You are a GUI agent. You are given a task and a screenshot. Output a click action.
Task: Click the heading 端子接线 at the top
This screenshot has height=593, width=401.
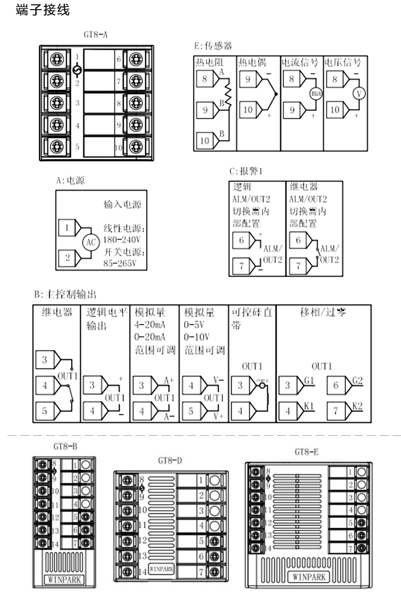pyautogui.click(x=43, y=10)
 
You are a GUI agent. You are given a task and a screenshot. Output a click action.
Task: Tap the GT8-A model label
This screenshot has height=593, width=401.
pyautogui.click(x=96, y=35)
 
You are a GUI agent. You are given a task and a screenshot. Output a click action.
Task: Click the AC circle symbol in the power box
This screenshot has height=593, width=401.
pyautogui.click(x=90, y=243)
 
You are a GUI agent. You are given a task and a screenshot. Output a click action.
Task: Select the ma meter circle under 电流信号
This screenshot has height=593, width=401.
pyautogui.click(x=314, y=94)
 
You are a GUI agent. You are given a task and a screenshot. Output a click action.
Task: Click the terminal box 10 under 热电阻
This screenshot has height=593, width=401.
pyautogui.click(x=206, y=141)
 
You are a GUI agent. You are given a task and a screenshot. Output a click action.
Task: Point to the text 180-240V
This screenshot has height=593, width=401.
pyautogui.click(x=121, y=239)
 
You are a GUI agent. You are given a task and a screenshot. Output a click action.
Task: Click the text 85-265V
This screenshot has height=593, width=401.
pyautogui.click(x=120, y=264)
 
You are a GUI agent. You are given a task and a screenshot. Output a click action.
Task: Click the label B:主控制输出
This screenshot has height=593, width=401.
pyautogui.click(x=65, y=294)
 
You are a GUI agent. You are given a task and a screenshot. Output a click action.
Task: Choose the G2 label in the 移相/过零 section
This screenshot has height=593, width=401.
pyautogui.click(x=358, y=380)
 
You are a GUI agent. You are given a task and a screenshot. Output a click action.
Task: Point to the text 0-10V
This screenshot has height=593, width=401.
pyautogui.click(x=196, y=337)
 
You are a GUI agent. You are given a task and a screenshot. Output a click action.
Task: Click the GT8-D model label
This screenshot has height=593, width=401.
pyautogui.click(x=171, y=460)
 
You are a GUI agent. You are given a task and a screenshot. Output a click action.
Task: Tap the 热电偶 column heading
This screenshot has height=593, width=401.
pyautogui.click(x=252, y=63)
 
